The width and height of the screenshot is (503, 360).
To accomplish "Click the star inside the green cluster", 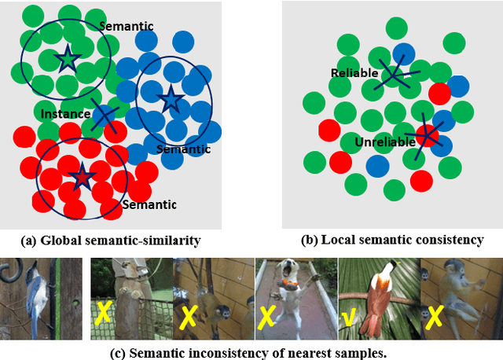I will (x=67, y=57).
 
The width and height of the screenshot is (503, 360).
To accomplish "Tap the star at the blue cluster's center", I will (x=170, y=98).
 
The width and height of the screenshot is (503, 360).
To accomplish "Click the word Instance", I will (x=65, y=114).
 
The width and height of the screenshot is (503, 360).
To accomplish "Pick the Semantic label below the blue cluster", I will (x=183, y=149).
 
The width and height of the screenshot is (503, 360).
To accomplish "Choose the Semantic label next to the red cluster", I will (x=149, y=204).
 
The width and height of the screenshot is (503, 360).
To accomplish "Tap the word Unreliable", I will (x=383, y=142).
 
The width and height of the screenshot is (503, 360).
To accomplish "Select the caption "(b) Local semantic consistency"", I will (x=393, y=240).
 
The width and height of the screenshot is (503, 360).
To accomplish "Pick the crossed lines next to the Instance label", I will (x=104, y=115).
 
